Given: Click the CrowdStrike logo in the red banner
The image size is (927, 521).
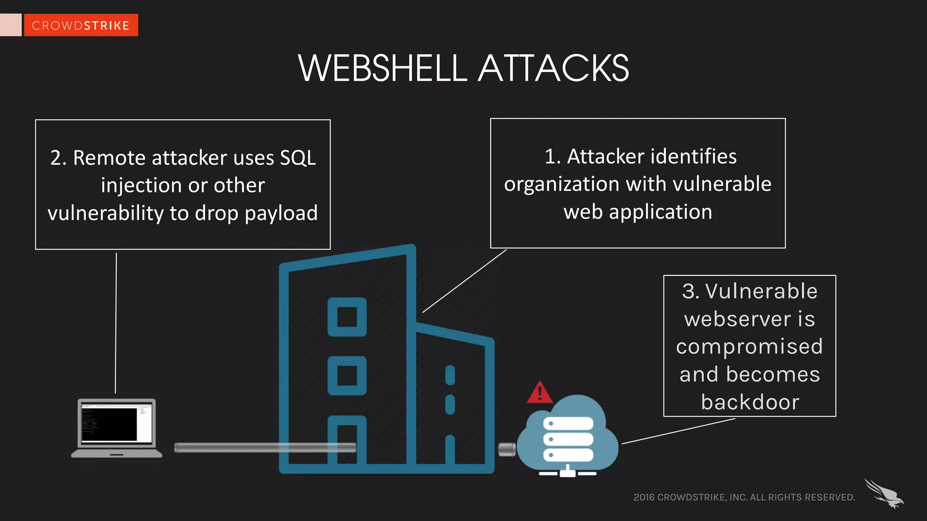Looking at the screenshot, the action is (x=81, y=25).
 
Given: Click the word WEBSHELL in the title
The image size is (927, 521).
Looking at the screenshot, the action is (x=382, y=68).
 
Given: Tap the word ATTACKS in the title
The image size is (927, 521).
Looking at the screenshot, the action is (x=553, y=68).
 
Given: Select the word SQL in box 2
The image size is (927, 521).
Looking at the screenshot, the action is (x=297, y=158).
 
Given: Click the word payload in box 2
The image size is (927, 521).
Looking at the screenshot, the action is (x=281, y=213).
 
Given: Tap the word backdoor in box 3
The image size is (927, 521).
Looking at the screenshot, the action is (x=750, y=402).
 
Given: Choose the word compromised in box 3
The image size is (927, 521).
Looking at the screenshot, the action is (x=750, y=347).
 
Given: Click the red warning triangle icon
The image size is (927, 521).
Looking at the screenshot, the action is (x=540, y=393).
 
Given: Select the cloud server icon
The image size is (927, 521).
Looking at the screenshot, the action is (x=568, y=436).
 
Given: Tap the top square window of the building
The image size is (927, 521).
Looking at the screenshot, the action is (x=347, y=317).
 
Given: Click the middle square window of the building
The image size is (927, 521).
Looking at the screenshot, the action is (x=347, y=375).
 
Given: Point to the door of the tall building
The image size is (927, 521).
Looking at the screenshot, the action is (x=347, y=441).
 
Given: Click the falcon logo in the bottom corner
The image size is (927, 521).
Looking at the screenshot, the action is (x=884, y=494).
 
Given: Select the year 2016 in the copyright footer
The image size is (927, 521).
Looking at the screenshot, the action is (x=644, y=497).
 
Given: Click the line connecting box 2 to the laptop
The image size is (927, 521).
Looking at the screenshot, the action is (x=116, y=323).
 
